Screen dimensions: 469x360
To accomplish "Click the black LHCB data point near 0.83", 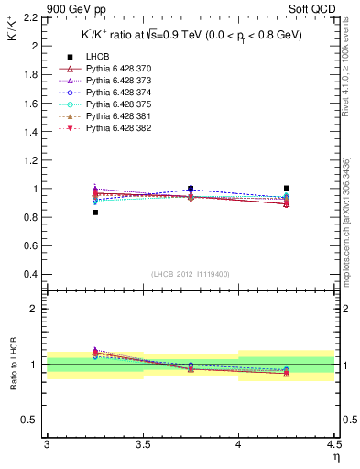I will click(x=94, y=213).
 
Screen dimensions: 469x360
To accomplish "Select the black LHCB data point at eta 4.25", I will click(x=287, y=188).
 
